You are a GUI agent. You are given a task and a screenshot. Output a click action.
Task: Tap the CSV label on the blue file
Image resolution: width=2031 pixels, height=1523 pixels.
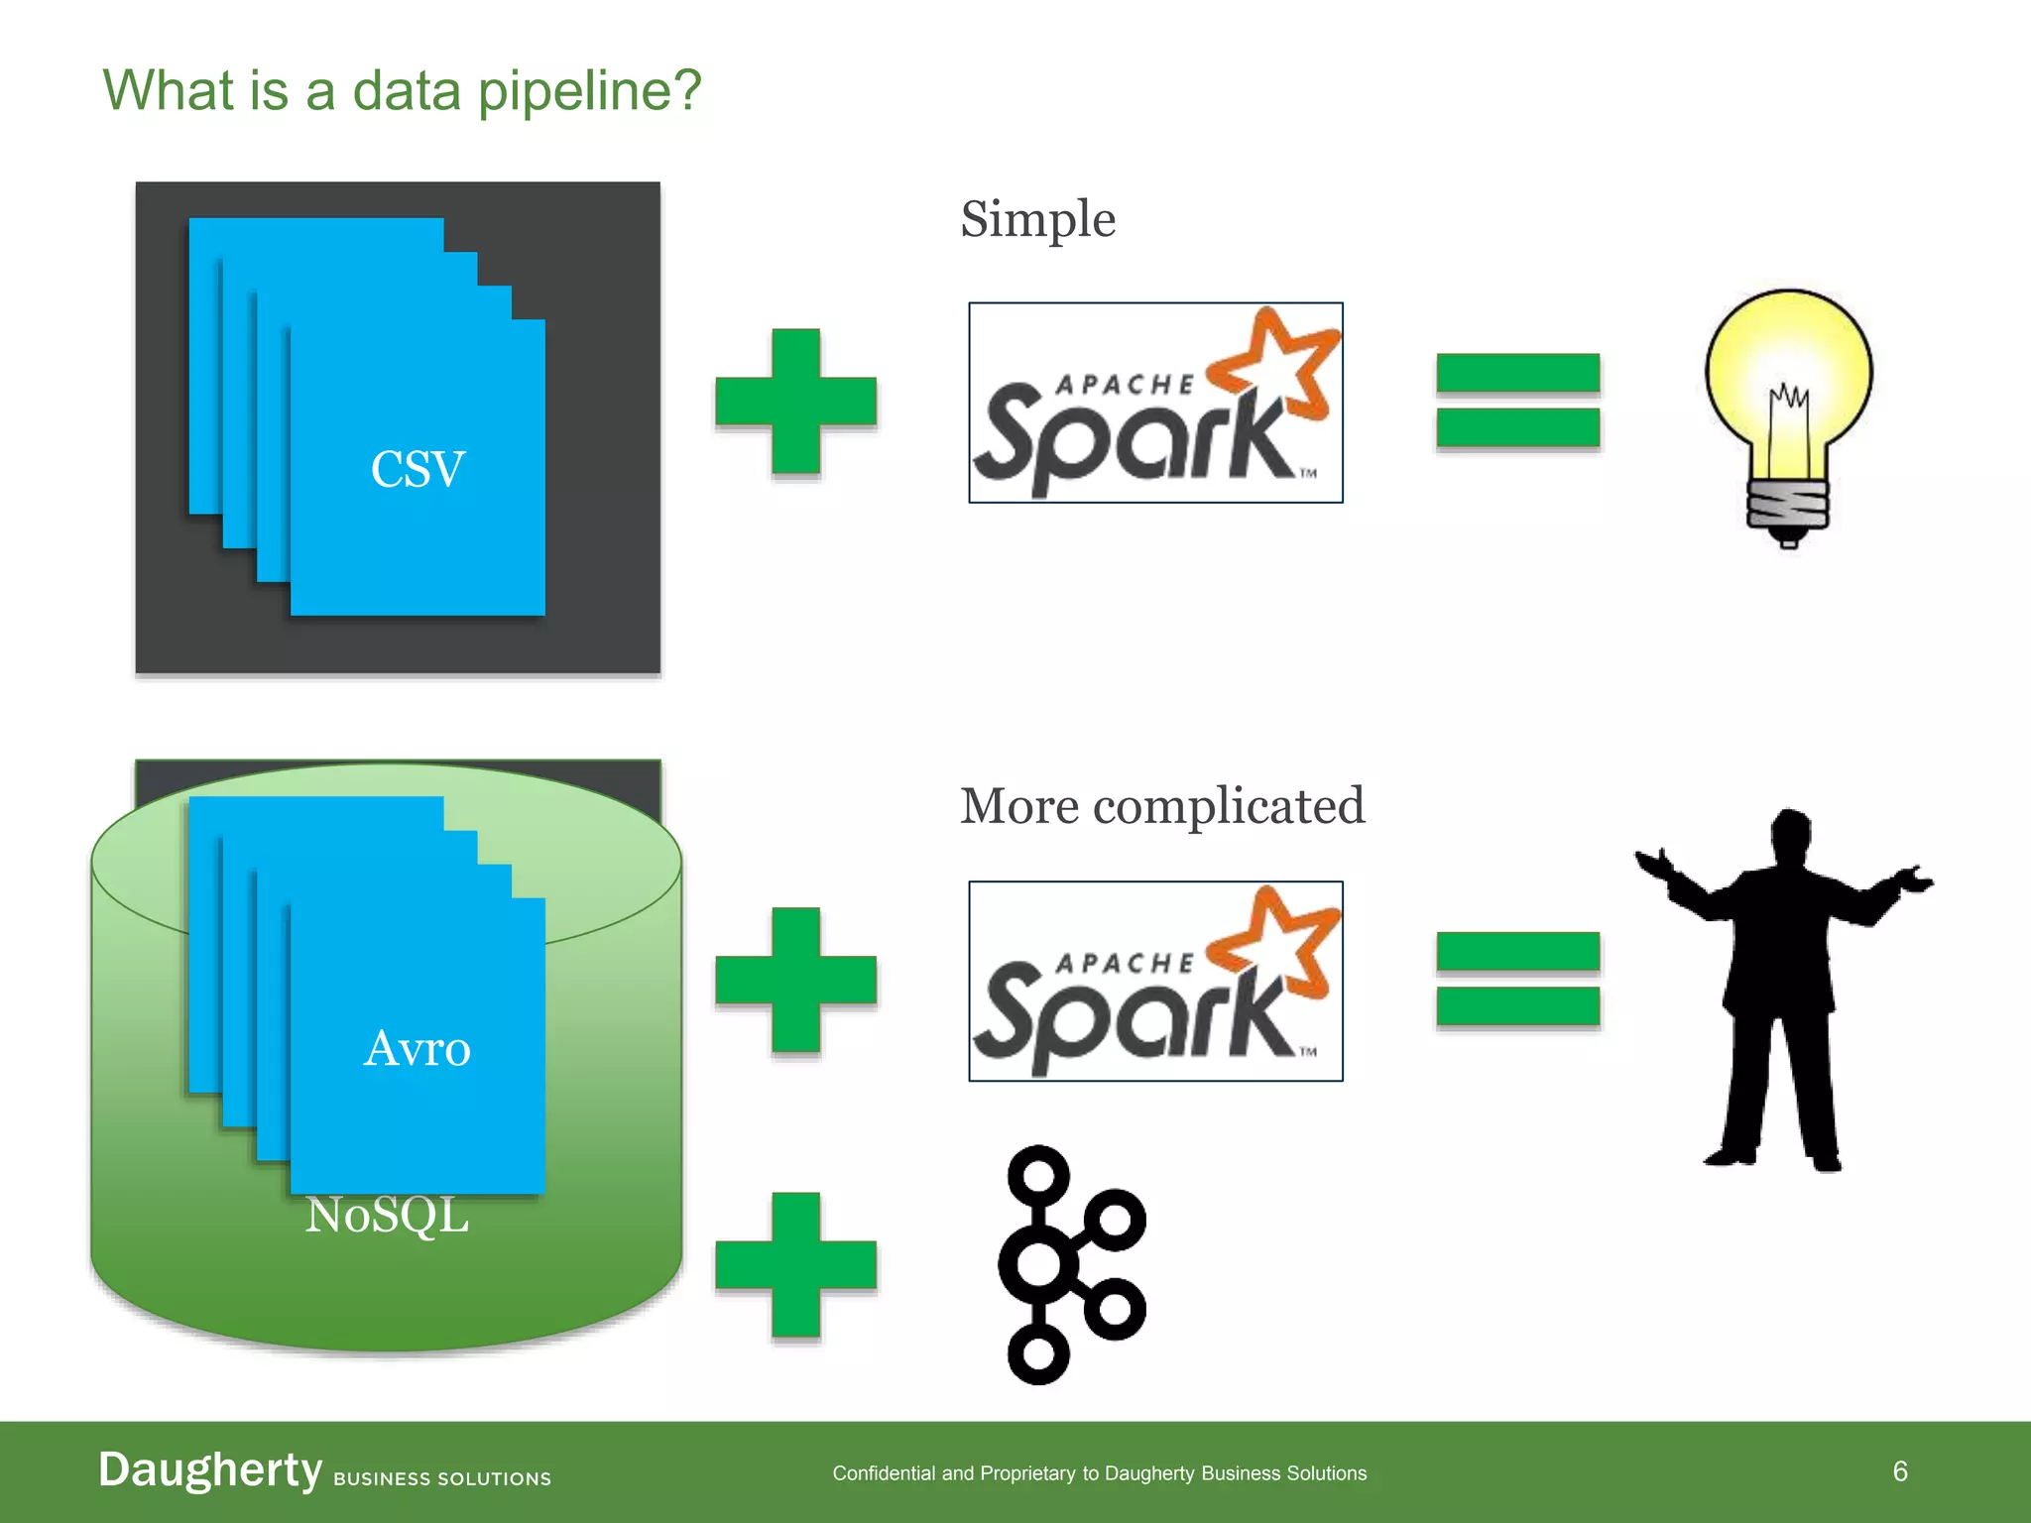(418, 469)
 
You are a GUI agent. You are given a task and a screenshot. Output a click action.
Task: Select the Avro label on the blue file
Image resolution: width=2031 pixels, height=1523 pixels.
(418, 1048)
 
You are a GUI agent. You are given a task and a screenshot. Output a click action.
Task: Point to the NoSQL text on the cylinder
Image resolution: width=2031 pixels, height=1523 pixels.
(387, 1216)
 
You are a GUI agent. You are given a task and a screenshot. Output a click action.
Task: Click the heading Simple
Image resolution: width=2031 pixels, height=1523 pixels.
(1037, 219)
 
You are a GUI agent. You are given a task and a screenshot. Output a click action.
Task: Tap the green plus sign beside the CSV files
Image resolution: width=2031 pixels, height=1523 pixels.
(796, 402)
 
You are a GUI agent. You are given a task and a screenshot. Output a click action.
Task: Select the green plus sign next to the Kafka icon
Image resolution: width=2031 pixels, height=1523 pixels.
(796, 1265)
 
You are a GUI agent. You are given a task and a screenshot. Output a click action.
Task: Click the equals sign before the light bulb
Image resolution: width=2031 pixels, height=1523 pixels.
(1517, 401)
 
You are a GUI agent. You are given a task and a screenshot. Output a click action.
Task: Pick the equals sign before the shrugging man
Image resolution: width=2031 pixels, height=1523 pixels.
(1517, 979)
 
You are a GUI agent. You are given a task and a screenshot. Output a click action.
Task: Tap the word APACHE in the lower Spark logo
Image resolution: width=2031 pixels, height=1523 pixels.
(1126, 963)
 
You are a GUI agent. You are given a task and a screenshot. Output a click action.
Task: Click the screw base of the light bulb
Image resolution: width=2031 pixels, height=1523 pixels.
(1787, 506)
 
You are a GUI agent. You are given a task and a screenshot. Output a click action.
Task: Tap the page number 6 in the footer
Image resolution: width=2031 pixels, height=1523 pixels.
(1899, 1471)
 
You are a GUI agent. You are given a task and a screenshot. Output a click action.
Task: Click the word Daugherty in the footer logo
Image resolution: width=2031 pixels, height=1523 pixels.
(210, 1469)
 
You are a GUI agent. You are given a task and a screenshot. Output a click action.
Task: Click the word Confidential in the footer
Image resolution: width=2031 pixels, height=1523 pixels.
(884, 1473)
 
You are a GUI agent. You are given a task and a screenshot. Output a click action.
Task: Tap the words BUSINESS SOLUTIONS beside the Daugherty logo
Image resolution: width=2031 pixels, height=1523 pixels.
(442, 1478)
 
